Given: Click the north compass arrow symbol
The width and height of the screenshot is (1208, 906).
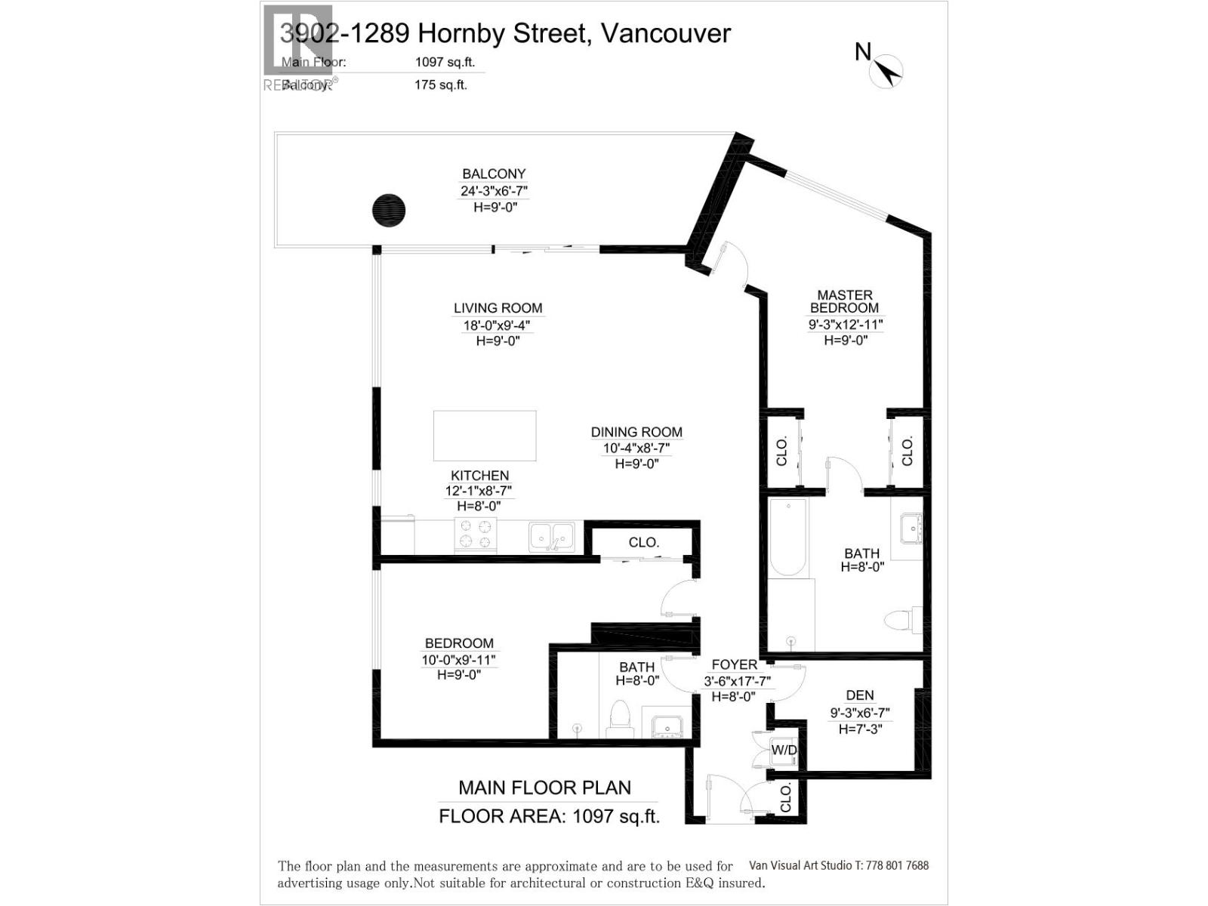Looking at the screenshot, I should point(888,72).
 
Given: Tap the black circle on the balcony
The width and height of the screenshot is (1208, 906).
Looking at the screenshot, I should point(389,210).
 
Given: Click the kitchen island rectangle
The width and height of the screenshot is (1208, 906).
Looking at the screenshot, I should point(485,436).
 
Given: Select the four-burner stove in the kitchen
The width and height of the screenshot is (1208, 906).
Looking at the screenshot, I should point(475,535).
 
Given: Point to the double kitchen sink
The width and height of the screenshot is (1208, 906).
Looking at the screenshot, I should point(551,536).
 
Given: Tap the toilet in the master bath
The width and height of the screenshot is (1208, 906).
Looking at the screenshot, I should point(903,620).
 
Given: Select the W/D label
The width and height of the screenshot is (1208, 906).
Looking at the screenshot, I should point(784,750).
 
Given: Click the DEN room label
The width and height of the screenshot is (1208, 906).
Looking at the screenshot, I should point(860,695).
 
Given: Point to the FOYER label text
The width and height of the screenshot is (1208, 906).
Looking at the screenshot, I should point(734,664).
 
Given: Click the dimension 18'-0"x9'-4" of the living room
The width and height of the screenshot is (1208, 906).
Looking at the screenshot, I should point(497,325).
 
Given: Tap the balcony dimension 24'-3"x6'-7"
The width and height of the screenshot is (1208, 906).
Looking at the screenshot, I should point(494,191).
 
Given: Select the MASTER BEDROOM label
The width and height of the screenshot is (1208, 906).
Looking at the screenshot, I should point(845,301).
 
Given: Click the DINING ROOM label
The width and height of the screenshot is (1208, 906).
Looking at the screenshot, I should point(636,432).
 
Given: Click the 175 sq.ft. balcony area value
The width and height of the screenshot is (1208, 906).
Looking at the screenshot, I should point(440,85).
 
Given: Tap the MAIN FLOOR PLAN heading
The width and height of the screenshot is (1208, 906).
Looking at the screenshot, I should point(544,788).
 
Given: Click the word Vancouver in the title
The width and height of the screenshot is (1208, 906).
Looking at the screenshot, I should point(664,33).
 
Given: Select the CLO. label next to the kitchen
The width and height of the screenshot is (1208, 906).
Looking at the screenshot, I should point(644,542).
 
